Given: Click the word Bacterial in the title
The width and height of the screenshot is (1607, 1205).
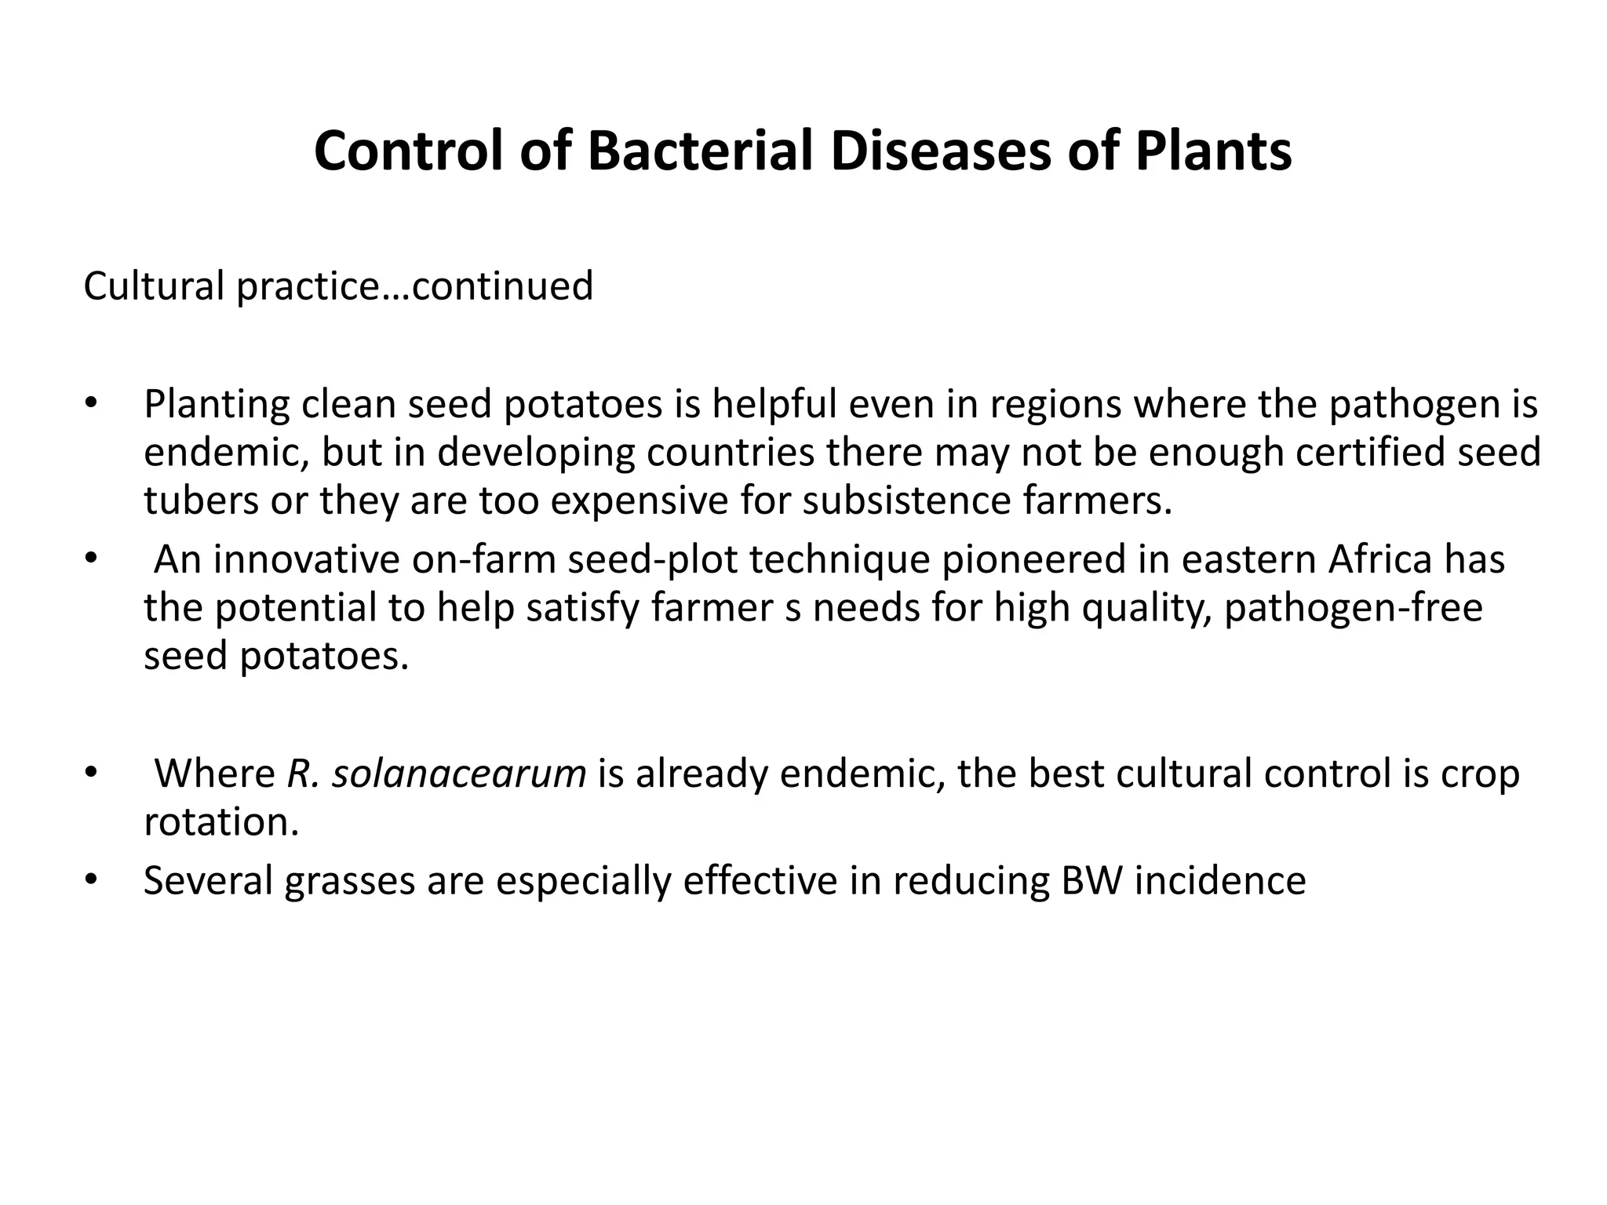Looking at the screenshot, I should [x=701, y=151].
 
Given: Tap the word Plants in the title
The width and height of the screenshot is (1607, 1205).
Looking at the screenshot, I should [x=1213, y=151].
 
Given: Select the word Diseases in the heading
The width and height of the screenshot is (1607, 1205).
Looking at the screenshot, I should [x=940, y=151].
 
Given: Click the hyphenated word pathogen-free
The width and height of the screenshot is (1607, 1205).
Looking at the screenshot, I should [x=1353, y=608].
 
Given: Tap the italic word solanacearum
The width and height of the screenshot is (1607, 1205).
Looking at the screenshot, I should [x=459, y=774].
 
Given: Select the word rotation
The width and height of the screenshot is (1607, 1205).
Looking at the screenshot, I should [x=220, y=822].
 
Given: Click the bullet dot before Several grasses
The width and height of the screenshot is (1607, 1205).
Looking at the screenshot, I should [x=90, y=880].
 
